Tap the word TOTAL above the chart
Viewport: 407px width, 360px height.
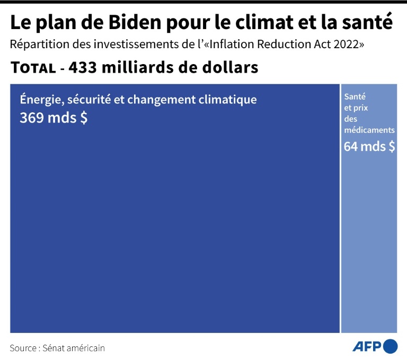32,68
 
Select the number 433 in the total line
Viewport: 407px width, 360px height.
85,68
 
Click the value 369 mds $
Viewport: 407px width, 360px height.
54,118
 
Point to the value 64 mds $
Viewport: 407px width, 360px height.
369,146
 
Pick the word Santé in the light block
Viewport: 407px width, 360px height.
355,97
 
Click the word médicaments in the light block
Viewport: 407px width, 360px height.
369,130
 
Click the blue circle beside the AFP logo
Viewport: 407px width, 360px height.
391,346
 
